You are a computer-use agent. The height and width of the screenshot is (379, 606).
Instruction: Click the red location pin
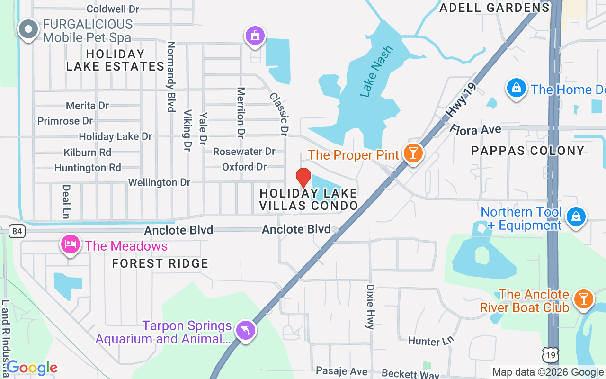point(303,179)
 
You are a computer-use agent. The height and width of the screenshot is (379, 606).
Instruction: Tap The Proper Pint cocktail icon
point(413,153)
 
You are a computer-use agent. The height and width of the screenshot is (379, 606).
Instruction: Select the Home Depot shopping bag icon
point(517,88)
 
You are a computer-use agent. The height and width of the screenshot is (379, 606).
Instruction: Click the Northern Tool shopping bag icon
point(576,217)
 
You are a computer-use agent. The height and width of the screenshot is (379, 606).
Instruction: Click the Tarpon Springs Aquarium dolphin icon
point(246,330)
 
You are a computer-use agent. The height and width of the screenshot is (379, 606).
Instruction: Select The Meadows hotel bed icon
point(71,244)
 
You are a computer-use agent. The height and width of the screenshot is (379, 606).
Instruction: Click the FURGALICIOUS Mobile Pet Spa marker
point(28,29)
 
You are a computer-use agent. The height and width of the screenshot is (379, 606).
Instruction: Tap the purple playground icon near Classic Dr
point(255,36)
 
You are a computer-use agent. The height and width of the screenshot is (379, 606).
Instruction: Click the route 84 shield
point(17,231)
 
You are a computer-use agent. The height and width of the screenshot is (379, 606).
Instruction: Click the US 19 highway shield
point(551,355)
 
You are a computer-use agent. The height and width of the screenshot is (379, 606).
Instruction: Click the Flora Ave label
point(475,129)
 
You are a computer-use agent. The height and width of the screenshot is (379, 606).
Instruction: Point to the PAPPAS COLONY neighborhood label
point(528,151)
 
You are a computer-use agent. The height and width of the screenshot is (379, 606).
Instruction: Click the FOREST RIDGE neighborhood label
point(160,263)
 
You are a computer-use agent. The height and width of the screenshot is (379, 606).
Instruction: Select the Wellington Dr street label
point(159,182)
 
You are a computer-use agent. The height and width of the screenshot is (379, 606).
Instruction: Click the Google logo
point(32,368)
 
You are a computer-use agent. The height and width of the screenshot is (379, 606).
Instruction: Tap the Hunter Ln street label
point(431,340)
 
